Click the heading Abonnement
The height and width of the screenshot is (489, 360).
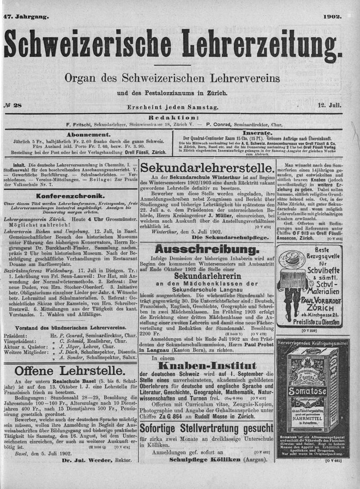point(88,134)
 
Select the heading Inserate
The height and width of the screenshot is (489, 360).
point(257,133)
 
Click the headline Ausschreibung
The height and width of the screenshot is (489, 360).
point(207,249)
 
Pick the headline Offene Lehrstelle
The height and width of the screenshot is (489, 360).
point(70,371)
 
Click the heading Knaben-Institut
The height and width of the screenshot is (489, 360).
point(207,366)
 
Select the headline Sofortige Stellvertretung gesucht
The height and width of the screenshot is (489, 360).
point(207,427)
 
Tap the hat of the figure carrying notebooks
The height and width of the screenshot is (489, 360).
point(292,258)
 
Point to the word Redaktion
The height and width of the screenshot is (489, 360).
point(173,116)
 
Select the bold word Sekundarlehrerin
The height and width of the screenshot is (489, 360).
point(207,275)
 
